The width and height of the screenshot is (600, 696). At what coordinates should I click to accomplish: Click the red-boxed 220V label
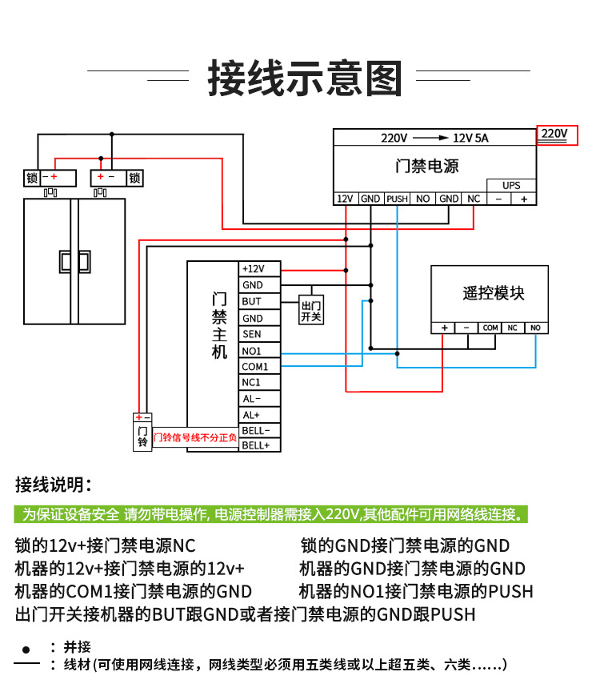pyautogui.click(x=557, y=135)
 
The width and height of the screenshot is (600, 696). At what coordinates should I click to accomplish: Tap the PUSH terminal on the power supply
pyautogui.click(x=397, y=199)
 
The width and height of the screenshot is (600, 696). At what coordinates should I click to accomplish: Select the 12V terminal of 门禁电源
pyautogui.click(x=345, y=199)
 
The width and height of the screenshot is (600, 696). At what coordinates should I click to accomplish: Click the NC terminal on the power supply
pyautogui.click(x=474, y=199)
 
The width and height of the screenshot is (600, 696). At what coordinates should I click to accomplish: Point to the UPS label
pyautogui.click(x=511, y=186)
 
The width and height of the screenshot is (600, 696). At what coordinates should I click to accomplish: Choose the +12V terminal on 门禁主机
pyautogui.click(x=259, y=269)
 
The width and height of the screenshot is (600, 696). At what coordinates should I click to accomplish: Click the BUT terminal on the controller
pyautogui.click(x=259, y=301)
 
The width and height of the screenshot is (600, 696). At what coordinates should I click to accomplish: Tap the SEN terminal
pyautogui.click(x=259, y=334)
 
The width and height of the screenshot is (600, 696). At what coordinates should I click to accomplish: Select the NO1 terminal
pyautogui.click(x=259, y=351)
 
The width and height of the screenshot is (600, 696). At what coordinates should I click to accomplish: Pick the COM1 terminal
pyautogui.click(x=259, y=367)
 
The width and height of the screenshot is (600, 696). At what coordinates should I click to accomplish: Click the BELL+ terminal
pyautogui.click(x=259, y=445)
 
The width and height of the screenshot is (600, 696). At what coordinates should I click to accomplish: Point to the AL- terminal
pyautogui.click(x=259, y=399)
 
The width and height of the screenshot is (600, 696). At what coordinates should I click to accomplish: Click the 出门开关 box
pyautogui.click(x=311, y=310)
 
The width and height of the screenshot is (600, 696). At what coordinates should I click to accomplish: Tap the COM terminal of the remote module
pyautogui.click(x=490, y=328)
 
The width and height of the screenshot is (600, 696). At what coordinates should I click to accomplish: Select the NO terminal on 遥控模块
pyautogui.click(x=536, y=328)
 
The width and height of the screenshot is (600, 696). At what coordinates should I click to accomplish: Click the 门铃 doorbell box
pyautogui.click(x=142, y=437)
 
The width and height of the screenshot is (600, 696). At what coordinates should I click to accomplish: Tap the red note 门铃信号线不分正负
pyautogui.click(x=195, y=437)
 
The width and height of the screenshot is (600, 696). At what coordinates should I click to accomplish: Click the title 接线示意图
pyautogui.click(x=305, y=79)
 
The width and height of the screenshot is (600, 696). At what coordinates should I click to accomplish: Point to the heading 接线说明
pyautogui.click(x=54, y=485)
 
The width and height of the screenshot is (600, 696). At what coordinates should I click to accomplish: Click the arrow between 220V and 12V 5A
pyautogui.click(x=430, y=138)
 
